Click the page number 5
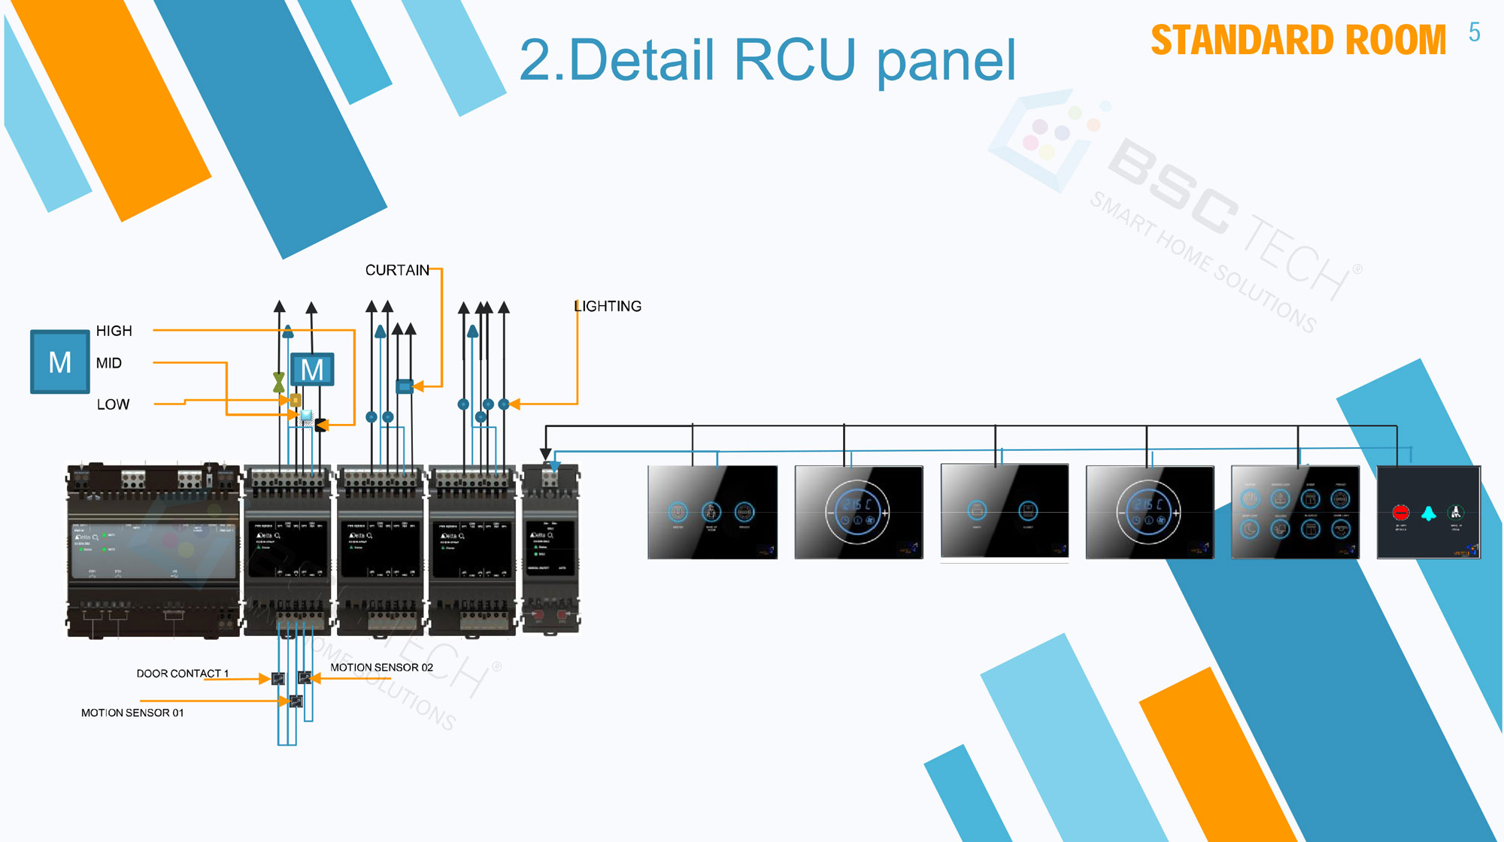pyautogui.click(x=1474, y=32)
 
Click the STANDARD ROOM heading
pyautogui.click(x=1298, y=41)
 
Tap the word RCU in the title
pyautogui.click(x=794, y=60)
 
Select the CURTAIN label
pyautogui.click(x=397, y=271)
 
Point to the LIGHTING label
pyautogui.click(x=608, y=307)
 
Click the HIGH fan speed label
pyautogui.click(x=114, y=332)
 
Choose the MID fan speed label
pyautogui.click(x=109, y=364)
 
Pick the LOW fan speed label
pyautogui.click(x=114, y=405)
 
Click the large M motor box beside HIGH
pyautogui.click(x=60, y=362)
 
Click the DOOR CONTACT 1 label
pyautogui.click(x=182, y=674)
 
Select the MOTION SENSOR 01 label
pyautogui.click(x=132, y=713)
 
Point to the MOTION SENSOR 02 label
pyautogui.click(x=381, y=668)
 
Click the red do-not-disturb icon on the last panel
pyautogui.click(x=1400, y=513)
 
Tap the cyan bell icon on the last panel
pyautogui.click(x=1428, y=513)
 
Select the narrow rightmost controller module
pyautogui.click(x=550, y=549)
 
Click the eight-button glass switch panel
pyautogui.click(x=1295, y=513)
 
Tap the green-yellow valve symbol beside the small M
pyautogui.click(x=279, y=382)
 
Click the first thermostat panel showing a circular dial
pyautogui.click(x=858, y=513)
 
